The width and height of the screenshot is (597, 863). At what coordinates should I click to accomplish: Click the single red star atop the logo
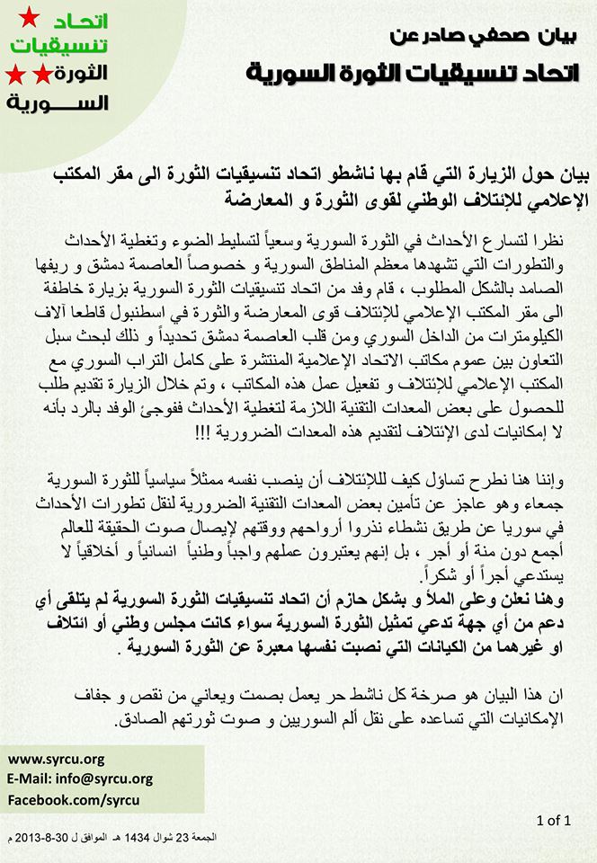click(30, 15)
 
